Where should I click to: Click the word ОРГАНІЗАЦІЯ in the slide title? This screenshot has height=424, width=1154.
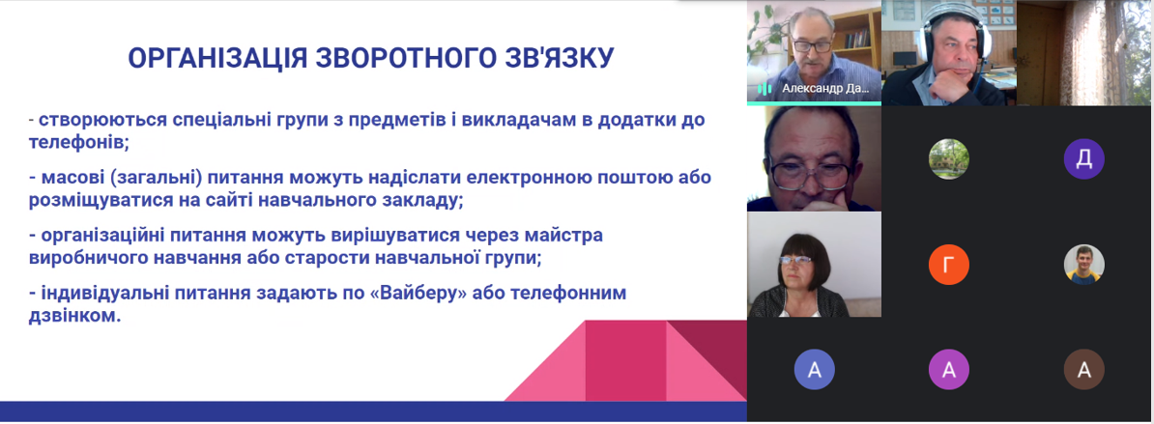click(x=218, y=58)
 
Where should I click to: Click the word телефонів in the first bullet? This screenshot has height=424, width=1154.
click(x=78, y=143)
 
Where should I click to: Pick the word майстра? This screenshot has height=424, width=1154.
click(x=565, y=236)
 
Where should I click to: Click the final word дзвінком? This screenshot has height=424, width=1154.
click(x=74, y=317)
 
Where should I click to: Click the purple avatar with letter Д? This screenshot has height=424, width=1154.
click(x=1084, y=159)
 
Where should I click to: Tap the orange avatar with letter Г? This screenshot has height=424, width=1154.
click(x=949, y=265)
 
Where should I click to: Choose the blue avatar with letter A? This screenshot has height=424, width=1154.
click(x=814, y=370)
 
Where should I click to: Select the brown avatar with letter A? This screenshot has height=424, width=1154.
click(x=1084, y=370)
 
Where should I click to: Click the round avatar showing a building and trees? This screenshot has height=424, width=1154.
click(x=949, y=159)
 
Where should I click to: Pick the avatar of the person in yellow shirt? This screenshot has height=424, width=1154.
click(x=1084, y=265)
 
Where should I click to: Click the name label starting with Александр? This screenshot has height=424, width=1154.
click(x=825, y=88)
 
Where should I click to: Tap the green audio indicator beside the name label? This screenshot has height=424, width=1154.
click(x=765, y=89)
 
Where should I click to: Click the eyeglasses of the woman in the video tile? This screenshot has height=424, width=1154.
click(x=795, y=260)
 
